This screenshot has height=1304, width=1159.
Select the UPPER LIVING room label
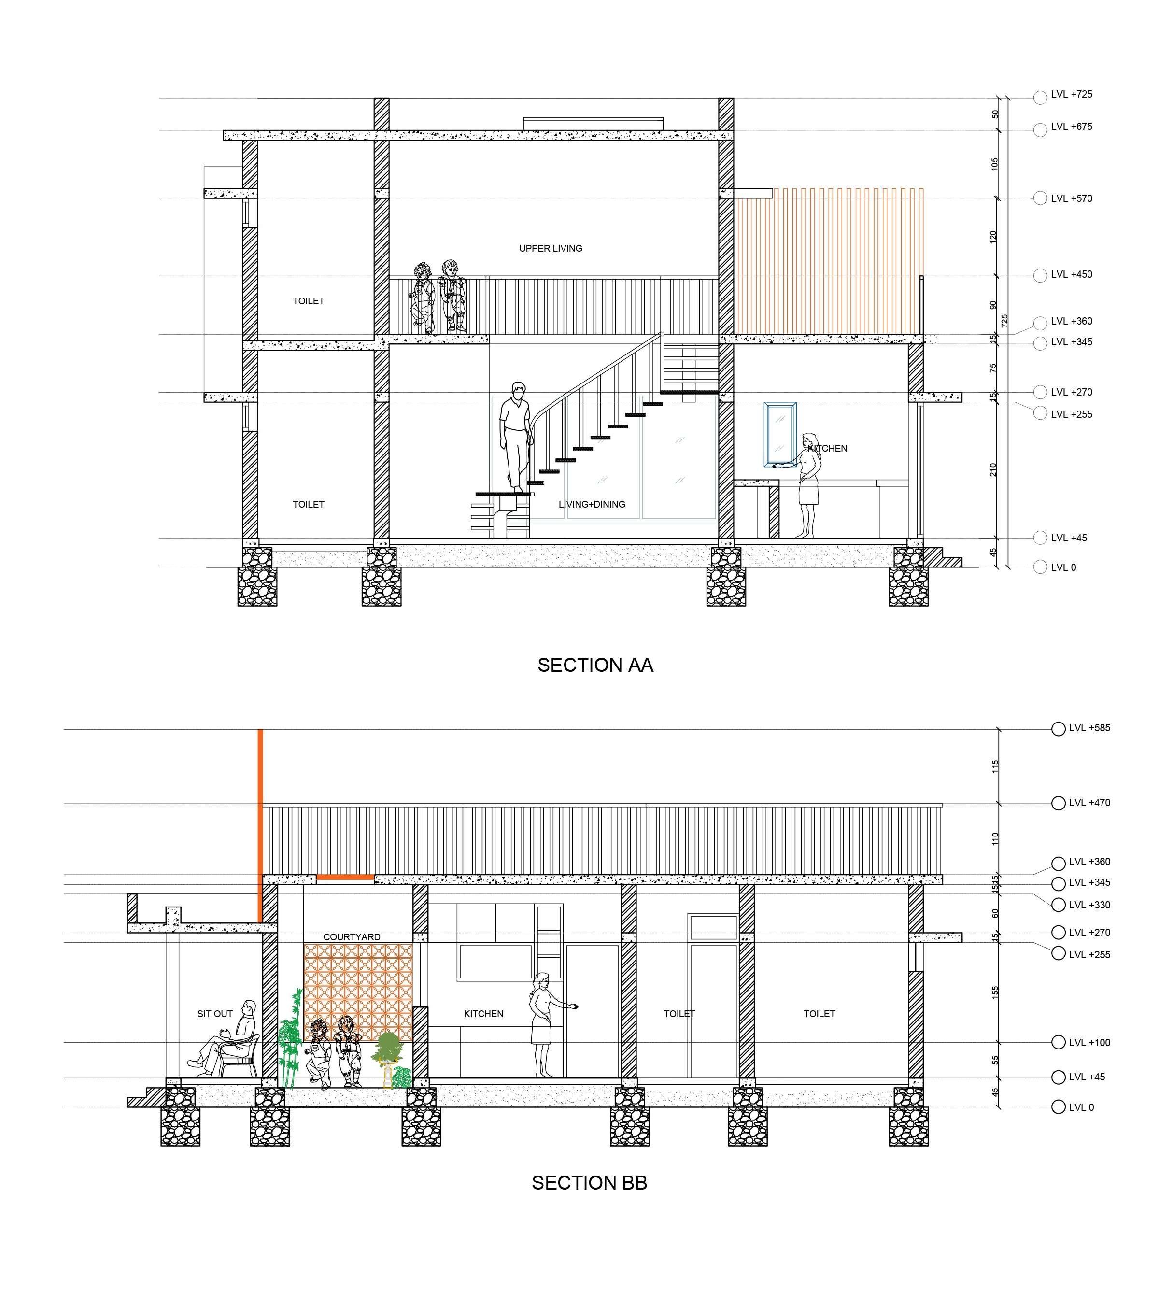click(x=550, y=248)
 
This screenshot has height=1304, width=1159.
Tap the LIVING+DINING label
click(x=591, y=504)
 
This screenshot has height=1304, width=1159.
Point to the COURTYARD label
click(x=352, y=936)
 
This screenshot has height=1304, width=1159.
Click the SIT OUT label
click(x=214, y=1013)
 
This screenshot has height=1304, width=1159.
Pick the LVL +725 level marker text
click(x=1071, y=94)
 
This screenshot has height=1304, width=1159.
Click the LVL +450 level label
click(x=1071, y=274)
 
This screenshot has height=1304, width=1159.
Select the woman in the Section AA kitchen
click(x=808, y=485)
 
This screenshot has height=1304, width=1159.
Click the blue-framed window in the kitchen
click(x=779, y=435)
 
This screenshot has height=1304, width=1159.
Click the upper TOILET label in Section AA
click(x=308, y=300)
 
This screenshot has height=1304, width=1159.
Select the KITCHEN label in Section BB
click(x=483, y=1013)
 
